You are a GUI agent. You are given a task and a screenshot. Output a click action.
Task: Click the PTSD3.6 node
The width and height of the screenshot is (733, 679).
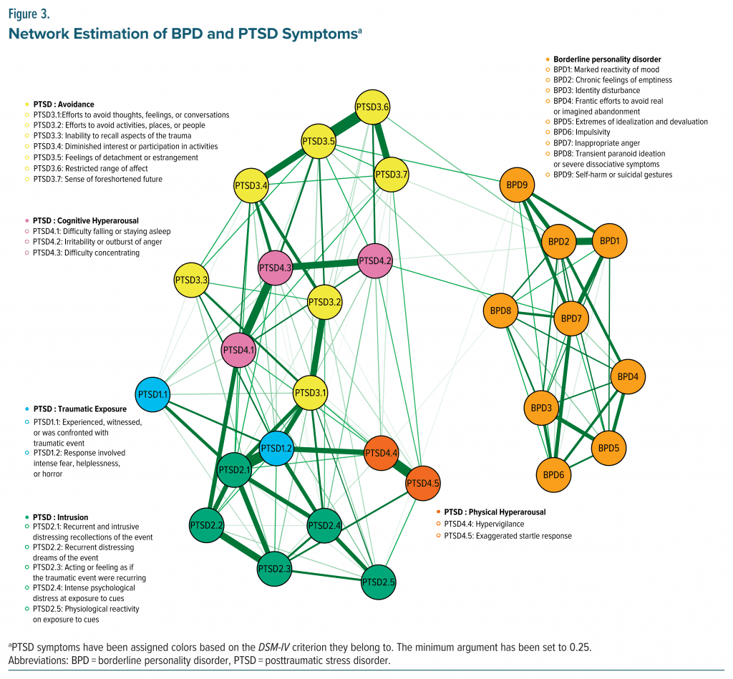click(x=372, y=107)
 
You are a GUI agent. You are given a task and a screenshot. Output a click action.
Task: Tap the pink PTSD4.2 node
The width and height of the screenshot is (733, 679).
click(x=375, y=260)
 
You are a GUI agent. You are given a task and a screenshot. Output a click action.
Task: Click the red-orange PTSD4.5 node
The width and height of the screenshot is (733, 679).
click(x=424, y=483)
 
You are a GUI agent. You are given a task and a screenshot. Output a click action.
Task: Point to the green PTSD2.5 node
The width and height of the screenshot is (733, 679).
click(x=379, y=582)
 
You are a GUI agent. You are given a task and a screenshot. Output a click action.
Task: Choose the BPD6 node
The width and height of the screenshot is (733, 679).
click(x=554, y=474)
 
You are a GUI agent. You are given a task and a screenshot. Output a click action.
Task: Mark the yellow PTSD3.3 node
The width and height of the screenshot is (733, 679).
click(x=191, y=280)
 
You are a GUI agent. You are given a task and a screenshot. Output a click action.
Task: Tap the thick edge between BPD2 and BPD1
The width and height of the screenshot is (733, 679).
click(x=584, y=242)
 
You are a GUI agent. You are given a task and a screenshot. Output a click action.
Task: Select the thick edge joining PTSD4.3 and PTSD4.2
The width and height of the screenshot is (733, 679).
click(x=325, y=264)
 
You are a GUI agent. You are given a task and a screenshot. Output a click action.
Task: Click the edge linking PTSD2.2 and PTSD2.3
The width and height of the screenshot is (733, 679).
click(x=241, y=548)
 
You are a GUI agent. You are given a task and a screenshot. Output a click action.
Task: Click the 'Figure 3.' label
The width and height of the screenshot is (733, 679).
click(x=28, y=13)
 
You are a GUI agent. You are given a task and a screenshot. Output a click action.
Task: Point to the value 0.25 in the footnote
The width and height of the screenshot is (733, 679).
click(x=577, y=647)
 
